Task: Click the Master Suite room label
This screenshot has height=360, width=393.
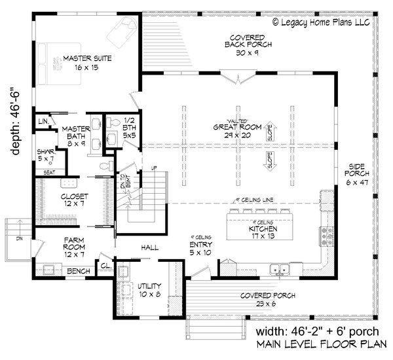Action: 86,63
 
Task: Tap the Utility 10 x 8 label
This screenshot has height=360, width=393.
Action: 151,291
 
